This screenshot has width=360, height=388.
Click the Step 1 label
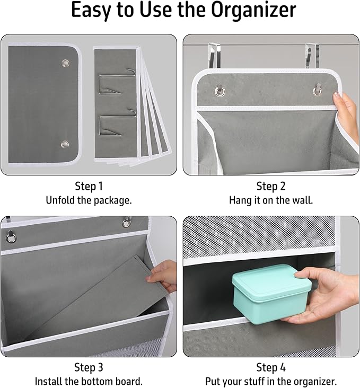pyautogui.click(x=89, y=186)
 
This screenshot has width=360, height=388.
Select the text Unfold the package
pyautogui.click(x=89, y=200)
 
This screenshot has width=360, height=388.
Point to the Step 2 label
pyautogui.click(x=271, y=186)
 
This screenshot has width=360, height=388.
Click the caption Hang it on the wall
pyautogui.click(x=271, y=200)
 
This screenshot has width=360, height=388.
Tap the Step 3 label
pyautogui.click(x=89, y=367)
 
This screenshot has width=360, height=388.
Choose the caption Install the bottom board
pyautogui.click(x=89, y=381)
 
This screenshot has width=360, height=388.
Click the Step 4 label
pyautogui.click(x=271, y=367)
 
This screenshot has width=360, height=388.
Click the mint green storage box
pyautogui.click(x=271, y=290)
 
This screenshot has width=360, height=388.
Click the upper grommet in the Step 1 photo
pyautogui.click(x=65, y=64)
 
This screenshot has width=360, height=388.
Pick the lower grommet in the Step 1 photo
pyautogui.click(x=65, y=144)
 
